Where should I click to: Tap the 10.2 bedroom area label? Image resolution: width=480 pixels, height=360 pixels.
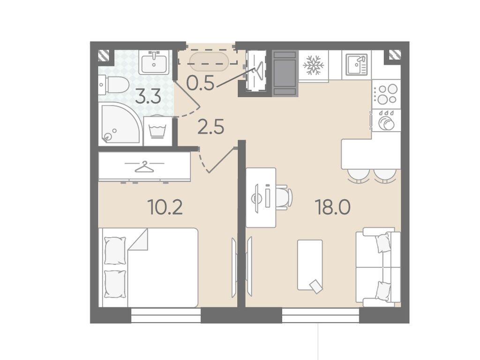165,207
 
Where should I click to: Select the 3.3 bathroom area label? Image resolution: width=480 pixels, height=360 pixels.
148,98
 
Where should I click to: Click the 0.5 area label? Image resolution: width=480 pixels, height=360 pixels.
201,82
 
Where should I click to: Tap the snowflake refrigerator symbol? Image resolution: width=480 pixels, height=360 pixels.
313,65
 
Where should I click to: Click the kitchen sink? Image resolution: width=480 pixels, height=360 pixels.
356,65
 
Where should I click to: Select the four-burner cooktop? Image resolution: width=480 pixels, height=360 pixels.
386,94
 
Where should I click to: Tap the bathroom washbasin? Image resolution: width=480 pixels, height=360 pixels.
154,62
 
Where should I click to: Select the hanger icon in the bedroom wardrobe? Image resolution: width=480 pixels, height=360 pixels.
144,167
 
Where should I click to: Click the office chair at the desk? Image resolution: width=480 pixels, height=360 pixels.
284,197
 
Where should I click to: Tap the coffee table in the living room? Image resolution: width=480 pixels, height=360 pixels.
310,265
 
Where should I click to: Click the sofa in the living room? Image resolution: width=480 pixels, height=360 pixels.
378,267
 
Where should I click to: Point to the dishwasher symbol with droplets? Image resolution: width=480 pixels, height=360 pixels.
386,120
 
